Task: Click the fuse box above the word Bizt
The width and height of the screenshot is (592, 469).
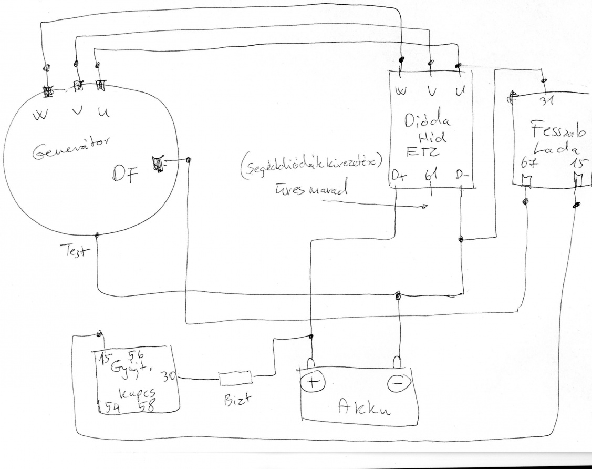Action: (235, 378)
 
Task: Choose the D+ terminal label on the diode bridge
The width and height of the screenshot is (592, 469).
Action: (400, 177)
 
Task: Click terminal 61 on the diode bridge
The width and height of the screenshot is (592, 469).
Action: (431, 176)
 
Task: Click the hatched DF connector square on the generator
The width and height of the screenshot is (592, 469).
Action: (158, 164)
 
